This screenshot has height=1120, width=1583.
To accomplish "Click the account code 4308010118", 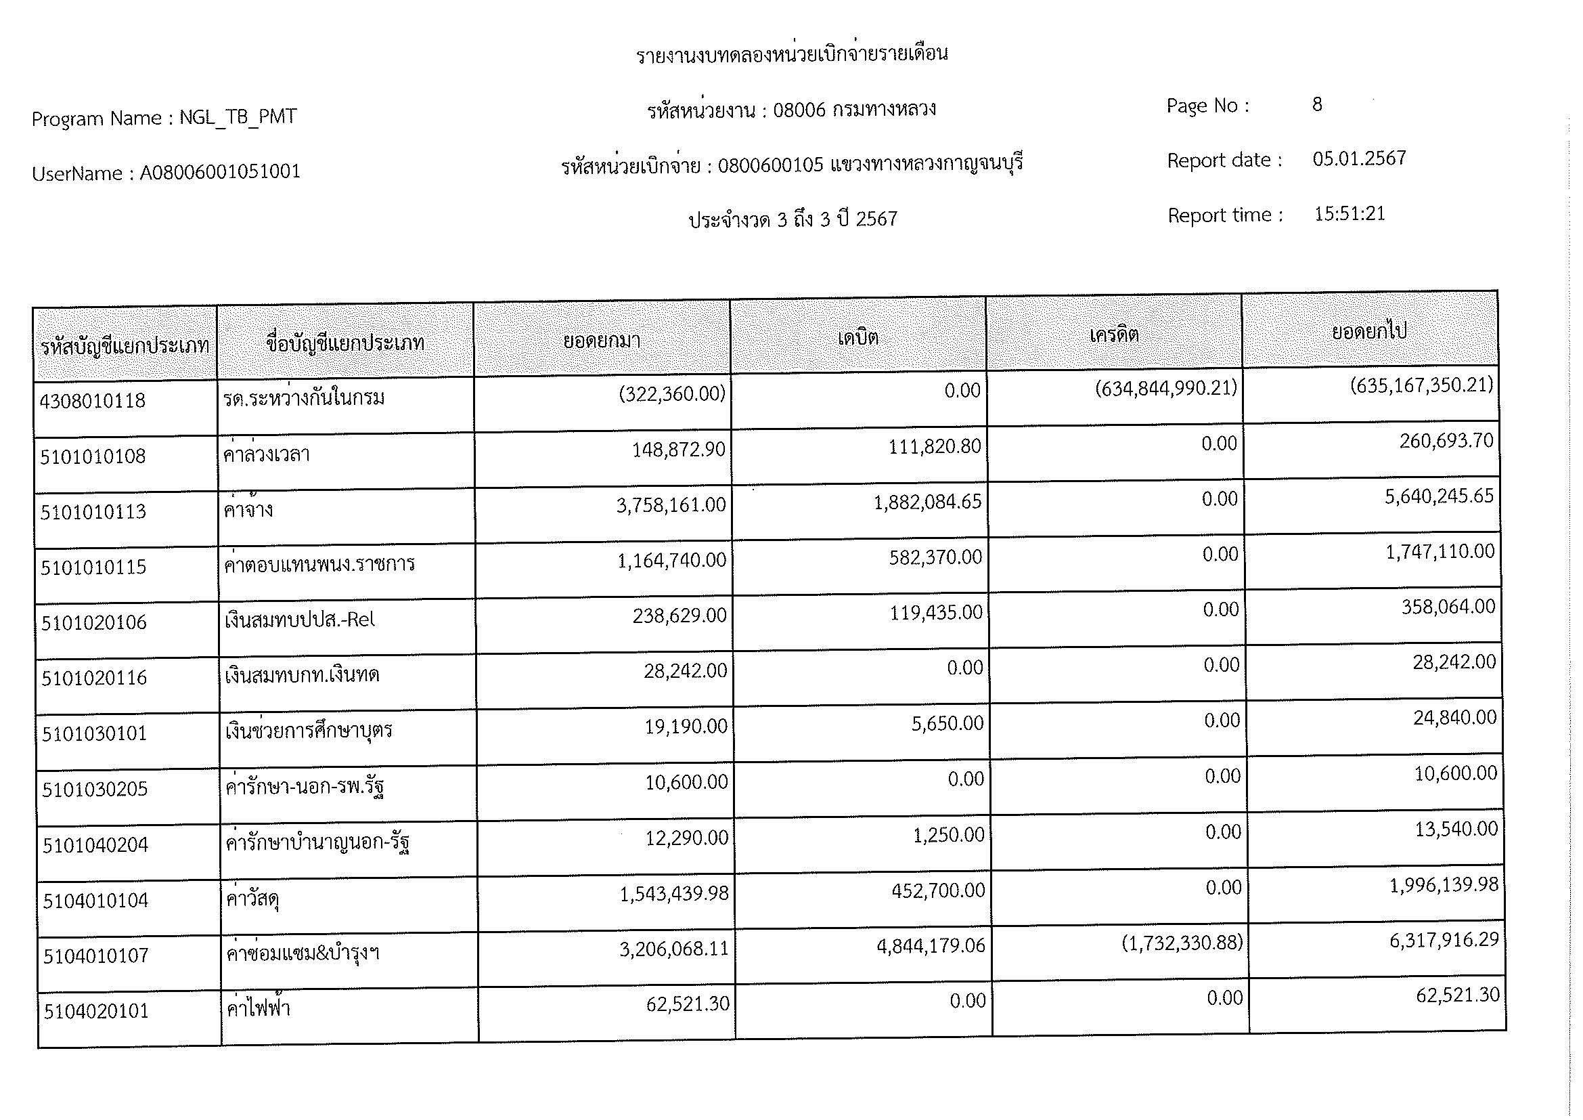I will [93, 400].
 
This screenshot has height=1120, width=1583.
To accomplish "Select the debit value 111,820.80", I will [934, 447].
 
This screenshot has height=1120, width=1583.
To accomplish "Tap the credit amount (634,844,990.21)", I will [1166, 388].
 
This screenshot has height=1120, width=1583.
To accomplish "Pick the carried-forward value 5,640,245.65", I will [1439, 496].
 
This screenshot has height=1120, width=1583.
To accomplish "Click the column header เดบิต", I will [857, 337].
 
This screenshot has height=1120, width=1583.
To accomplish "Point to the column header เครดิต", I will [1114, 335].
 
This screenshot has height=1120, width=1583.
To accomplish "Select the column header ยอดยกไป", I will [1368, 332].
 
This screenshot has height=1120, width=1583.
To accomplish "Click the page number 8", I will [1317, 104].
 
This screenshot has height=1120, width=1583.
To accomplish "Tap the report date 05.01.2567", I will [1359, 158].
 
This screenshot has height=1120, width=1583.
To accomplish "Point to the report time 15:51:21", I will [1350, 214].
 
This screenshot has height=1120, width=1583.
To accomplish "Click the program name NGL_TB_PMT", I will [238, 117].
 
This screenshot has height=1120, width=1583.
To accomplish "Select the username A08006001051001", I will [220, 172].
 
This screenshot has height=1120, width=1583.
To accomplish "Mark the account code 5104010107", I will [96, 956].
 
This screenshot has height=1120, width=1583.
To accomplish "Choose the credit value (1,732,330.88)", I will [1182, 943].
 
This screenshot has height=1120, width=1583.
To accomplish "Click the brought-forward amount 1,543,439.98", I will [673, 894].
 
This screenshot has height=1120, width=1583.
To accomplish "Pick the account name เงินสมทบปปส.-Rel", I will [300, 620].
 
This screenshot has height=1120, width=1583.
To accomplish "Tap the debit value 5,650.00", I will [947, 723].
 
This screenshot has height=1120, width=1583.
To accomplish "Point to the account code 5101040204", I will [95, 845].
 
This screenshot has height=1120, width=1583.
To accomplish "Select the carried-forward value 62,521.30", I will [1458, 995].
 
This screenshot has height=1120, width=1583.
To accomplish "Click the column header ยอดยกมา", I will [601, 340].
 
